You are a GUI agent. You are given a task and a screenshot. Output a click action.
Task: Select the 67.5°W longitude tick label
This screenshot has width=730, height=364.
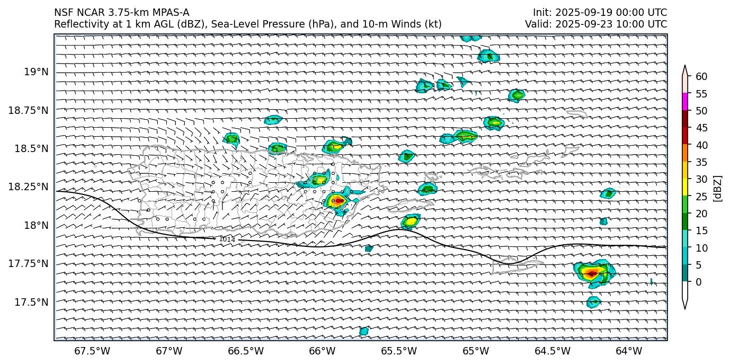click(87, 351)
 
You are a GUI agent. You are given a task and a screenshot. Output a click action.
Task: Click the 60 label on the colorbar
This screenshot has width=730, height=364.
click(701, 77)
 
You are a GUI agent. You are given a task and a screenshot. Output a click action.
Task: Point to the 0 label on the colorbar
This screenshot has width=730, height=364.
click(699, 282)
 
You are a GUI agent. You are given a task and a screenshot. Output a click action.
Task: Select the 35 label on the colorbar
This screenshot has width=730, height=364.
click(701, 162)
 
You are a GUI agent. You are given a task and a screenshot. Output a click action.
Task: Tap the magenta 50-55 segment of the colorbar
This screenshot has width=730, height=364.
click(685, 102)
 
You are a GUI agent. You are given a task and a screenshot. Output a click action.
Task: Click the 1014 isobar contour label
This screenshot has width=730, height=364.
click(227, 239)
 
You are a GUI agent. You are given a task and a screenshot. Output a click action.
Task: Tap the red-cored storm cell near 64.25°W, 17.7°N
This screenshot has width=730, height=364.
click(592, 272)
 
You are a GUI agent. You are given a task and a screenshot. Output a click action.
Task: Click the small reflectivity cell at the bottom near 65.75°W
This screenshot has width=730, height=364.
click(364, 331)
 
